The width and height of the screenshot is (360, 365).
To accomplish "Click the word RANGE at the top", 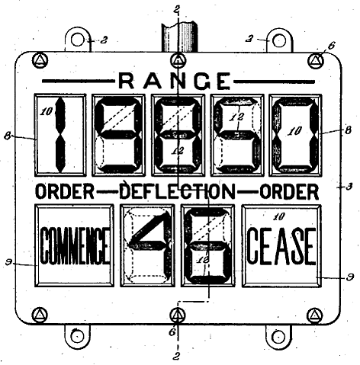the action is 175,81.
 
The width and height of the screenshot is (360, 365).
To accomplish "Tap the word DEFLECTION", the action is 178,191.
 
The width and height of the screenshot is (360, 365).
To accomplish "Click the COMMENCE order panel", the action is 74,245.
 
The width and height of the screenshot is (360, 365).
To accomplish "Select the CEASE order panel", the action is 281,245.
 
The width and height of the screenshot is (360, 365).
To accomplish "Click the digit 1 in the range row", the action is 60,135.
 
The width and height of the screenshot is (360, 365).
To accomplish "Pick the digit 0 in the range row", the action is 295,135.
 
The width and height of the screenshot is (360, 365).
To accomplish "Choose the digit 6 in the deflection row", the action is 207,245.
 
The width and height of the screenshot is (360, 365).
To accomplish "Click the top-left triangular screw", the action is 40,60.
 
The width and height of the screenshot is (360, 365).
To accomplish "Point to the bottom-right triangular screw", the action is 315,315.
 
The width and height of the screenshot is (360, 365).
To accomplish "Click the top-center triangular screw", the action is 178,60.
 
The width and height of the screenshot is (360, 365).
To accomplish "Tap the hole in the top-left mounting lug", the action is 78,40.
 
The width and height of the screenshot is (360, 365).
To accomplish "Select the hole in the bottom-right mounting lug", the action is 278,337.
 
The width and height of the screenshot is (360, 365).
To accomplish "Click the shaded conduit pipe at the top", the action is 180,37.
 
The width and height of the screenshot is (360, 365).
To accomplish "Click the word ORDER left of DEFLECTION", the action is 65,191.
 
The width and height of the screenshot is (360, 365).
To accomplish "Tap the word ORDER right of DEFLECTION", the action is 289,191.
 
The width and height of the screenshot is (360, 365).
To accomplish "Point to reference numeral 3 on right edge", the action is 349,187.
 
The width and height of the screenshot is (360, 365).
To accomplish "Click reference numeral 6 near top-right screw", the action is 331,46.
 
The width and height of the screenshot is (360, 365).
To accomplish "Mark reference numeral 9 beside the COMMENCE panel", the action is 9,262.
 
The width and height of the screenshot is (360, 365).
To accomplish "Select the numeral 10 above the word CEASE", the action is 279,216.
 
